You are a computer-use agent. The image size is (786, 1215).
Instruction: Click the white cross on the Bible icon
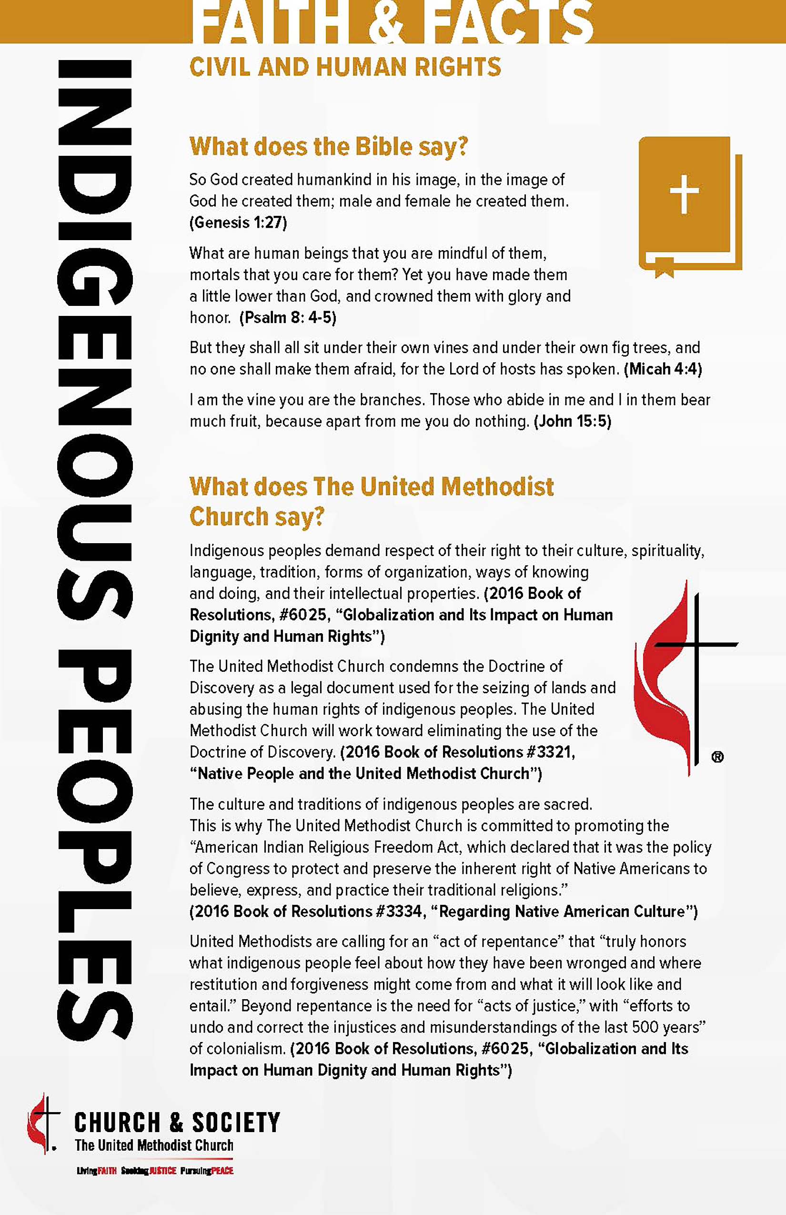pos(684,194)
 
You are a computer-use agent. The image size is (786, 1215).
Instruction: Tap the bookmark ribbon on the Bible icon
pos(664,267)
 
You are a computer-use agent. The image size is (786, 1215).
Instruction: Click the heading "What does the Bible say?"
pos(328,147)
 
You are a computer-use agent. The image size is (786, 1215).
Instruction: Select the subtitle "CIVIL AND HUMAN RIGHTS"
pos(345,67)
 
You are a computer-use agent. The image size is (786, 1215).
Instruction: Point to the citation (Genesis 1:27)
pos(238,223)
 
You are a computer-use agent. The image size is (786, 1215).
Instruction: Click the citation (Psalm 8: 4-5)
pos(288,317)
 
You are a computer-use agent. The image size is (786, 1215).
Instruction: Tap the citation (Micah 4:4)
pos(663,369)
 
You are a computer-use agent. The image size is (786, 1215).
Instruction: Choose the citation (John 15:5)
pos(572,421)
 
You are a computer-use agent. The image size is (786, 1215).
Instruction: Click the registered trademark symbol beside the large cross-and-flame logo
pos(717,757)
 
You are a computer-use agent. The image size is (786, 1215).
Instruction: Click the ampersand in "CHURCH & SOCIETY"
pos(176,1122)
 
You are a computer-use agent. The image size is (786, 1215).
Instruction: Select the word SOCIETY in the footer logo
pos(236,1122)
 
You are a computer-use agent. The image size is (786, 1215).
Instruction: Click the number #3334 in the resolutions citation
pos(398,911)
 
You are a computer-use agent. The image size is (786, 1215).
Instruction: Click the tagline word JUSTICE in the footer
pos(163,1171)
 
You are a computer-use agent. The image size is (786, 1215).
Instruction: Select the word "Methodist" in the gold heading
pos(498,486)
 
